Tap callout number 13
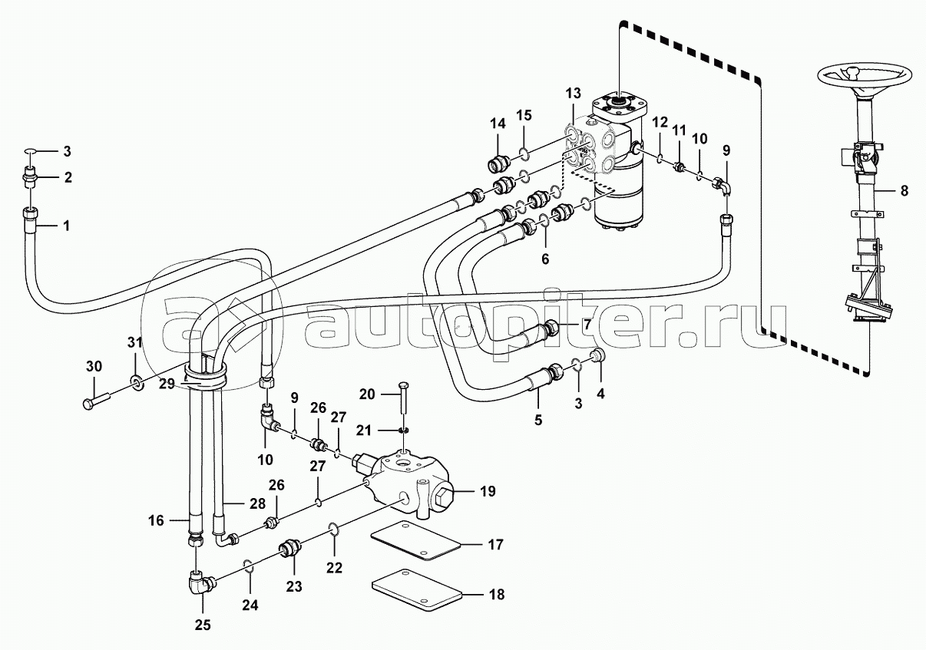coord(573,94)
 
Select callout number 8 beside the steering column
coord(904,191)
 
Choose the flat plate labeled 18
coord(417,590)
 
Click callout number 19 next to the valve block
coord(488,491)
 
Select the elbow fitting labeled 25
coord(201,583)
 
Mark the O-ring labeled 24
coord(247,566)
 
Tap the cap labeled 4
coord(595,355)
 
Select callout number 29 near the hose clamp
coord(167,384)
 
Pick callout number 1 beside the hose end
coord(66,226)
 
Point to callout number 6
coord(545,259)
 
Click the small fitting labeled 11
coord(678,168)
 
